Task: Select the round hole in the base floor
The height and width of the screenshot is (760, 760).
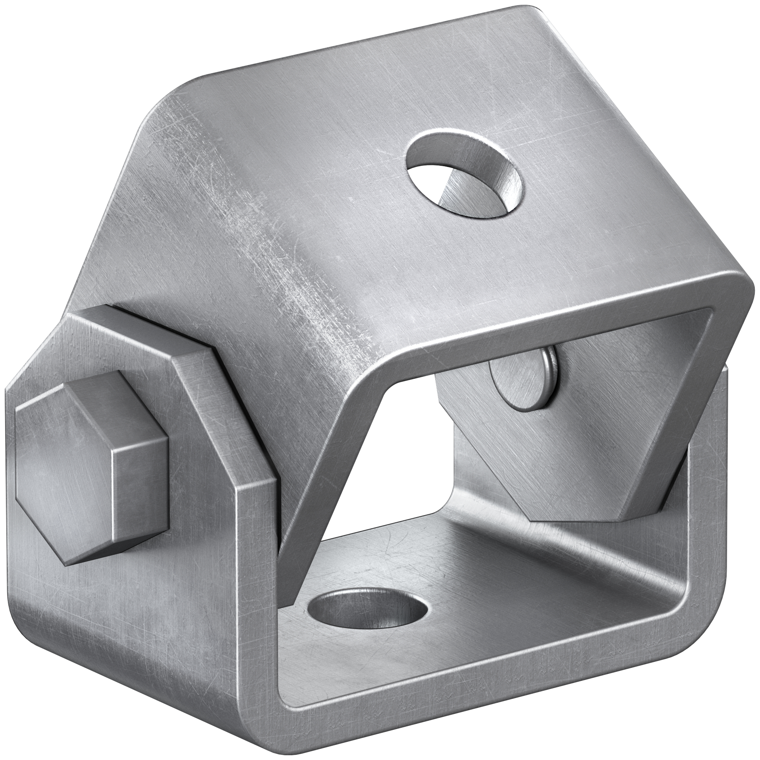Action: tap(367, 620)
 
